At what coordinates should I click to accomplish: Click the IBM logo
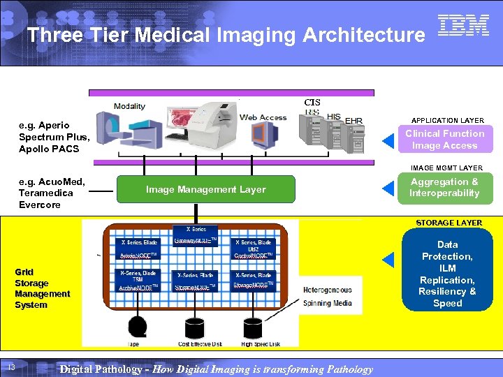click(x=463, y=26)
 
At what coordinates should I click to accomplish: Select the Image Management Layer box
click(x=205, y=189)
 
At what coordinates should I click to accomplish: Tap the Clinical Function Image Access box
click(x=444, y=140)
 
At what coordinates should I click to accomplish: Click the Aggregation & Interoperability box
click(x=444, y=188)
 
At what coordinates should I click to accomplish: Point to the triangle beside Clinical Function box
click(x=388, y=142)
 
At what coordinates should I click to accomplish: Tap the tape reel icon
click(x=138, y=327)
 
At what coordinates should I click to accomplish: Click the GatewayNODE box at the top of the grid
click(x=196, y=235)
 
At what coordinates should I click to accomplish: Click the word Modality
click(x=129, y=106)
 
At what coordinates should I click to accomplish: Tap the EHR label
click(x=354, y=121)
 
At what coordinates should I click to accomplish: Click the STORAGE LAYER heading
click(x=449, y=223)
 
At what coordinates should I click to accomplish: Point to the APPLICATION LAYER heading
click(x=448, y=121)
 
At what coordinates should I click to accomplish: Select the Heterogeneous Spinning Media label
click(x=327, y=296)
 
